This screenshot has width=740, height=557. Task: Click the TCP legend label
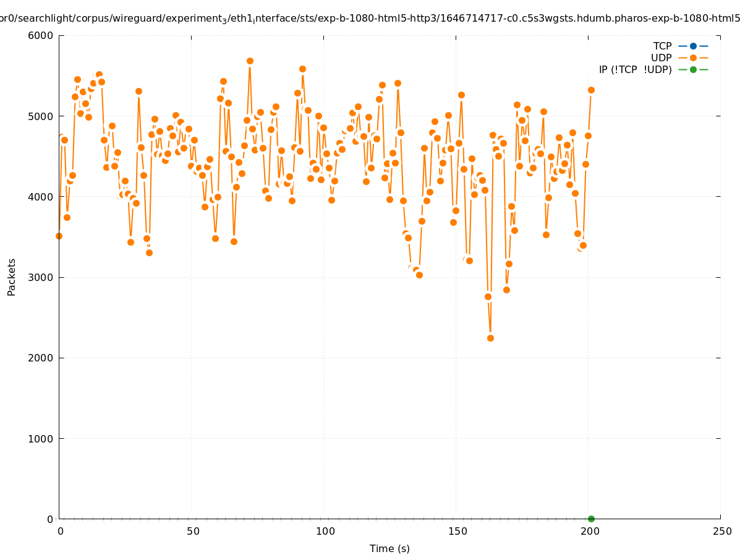662,46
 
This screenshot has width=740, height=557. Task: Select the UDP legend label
661,58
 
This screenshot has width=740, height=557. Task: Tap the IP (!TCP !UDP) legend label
635,69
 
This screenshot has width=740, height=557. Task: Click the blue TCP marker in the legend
693,46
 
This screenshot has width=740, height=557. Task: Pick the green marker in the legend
693,69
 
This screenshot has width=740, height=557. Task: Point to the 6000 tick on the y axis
41,35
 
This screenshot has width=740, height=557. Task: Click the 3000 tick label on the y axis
41,277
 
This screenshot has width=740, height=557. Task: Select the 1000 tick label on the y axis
41,439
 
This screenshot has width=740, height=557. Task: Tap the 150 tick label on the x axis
457,531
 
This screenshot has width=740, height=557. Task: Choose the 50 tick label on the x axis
193,531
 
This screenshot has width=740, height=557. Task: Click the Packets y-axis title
12,277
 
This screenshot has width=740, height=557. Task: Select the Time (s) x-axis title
389,548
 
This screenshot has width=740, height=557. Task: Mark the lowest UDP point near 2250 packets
490,338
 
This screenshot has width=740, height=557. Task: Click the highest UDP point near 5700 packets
250,61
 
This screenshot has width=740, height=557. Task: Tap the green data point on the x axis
591,519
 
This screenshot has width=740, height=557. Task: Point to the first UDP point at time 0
59,236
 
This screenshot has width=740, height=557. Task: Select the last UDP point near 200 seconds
591,90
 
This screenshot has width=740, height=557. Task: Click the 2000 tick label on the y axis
41,358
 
